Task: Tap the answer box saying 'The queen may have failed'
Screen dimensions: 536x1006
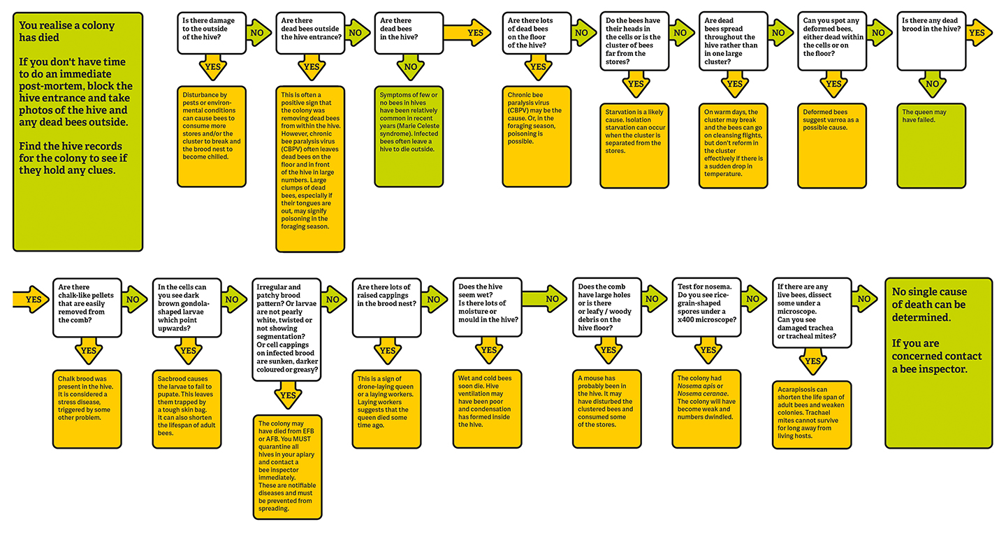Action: (x=931, y=145)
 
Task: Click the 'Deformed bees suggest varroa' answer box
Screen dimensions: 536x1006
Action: (x=832, y=145)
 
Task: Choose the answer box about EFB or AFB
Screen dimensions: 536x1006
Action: (x=288, y=467)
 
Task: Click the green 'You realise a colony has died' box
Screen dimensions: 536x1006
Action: (x=78, y=131)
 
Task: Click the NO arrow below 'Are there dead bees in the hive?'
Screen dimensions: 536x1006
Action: (x=411, y=68)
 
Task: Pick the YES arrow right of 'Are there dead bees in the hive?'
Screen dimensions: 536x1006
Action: (x=469, y=32)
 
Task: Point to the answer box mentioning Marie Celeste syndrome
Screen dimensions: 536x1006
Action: (x=409, y=136)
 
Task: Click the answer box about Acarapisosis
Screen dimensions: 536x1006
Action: (x=812, y=414)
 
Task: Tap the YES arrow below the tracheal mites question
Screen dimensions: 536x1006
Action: (x=812, y=361)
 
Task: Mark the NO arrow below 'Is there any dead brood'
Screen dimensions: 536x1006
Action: (x=933, y=84)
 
